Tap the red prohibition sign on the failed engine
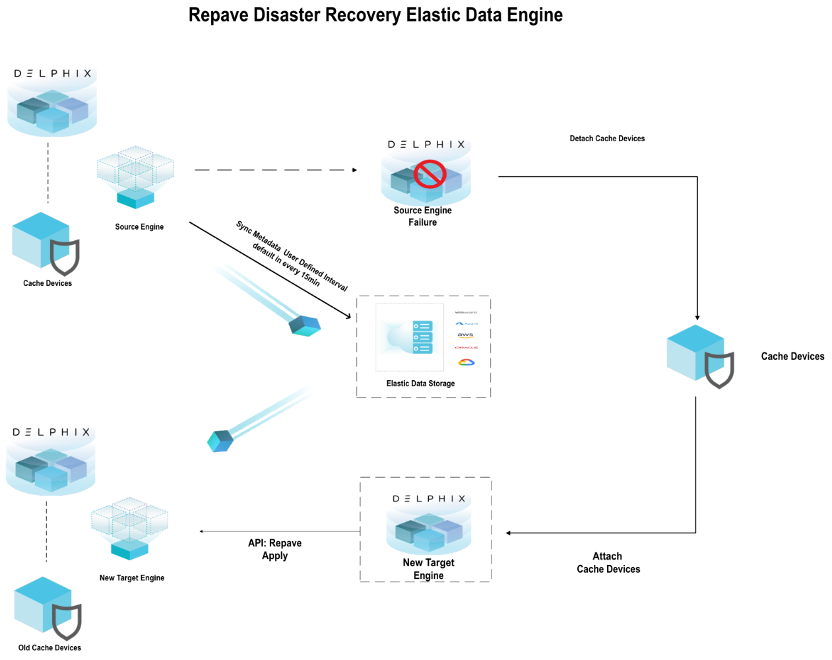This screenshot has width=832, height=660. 430,174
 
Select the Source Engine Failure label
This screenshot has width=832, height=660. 422,216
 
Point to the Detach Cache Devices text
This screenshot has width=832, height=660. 607,139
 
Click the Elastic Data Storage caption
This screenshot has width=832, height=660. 420,383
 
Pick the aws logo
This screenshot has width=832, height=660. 466,335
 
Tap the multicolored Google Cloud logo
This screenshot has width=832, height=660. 466,362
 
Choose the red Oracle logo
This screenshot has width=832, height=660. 466,347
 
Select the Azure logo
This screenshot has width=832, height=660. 466,323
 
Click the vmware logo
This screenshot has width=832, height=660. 466,312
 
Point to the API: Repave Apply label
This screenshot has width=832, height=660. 274,549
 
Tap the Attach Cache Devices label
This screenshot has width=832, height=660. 608,563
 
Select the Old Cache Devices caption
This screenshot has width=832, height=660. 49,647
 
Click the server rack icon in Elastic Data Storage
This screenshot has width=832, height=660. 422,337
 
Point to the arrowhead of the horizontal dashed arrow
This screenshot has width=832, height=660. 355,170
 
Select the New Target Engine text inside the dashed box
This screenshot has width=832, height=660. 428,569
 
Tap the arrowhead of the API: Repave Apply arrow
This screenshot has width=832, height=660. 201,531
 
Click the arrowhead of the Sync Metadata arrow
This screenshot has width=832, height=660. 349,317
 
